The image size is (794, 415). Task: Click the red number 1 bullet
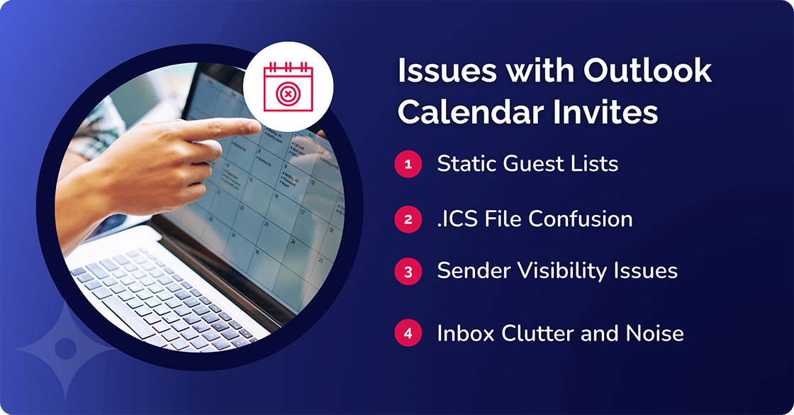408,164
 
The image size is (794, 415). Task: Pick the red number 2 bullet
408,219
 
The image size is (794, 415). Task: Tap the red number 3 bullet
408,271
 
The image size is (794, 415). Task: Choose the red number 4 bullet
408,333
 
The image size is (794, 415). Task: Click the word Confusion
579,219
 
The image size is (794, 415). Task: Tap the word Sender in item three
471,271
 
